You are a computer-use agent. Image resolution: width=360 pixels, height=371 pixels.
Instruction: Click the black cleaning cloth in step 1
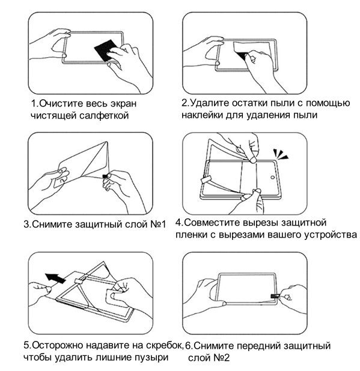coord(104,50)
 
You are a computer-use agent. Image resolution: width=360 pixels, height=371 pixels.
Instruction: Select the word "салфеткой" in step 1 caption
coord(104,115)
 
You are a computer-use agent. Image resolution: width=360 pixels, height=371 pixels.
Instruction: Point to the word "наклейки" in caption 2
coord(202,115)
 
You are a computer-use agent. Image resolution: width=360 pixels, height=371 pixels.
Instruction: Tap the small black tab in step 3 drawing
coord(105,176)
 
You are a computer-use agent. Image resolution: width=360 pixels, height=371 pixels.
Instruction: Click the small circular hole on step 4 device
coord(272,177)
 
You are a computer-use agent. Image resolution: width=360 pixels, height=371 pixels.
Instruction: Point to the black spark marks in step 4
coord(281,154)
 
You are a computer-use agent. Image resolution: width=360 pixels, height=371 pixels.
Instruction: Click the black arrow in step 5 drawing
coord(55,277)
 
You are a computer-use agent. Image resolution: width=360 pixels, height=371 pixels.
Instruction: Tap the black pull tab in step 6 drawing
coord(275,296)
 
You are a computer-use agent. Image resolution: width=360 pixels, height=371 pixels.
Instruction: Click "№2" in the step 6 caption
coord(221,358)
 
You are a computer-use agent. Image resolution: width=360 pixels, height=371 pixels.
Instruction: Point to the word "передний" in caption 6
coord(258,346)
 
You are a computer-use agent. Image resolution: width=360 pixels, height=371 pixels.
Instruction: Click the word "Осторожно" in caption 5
coord(57,345)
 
